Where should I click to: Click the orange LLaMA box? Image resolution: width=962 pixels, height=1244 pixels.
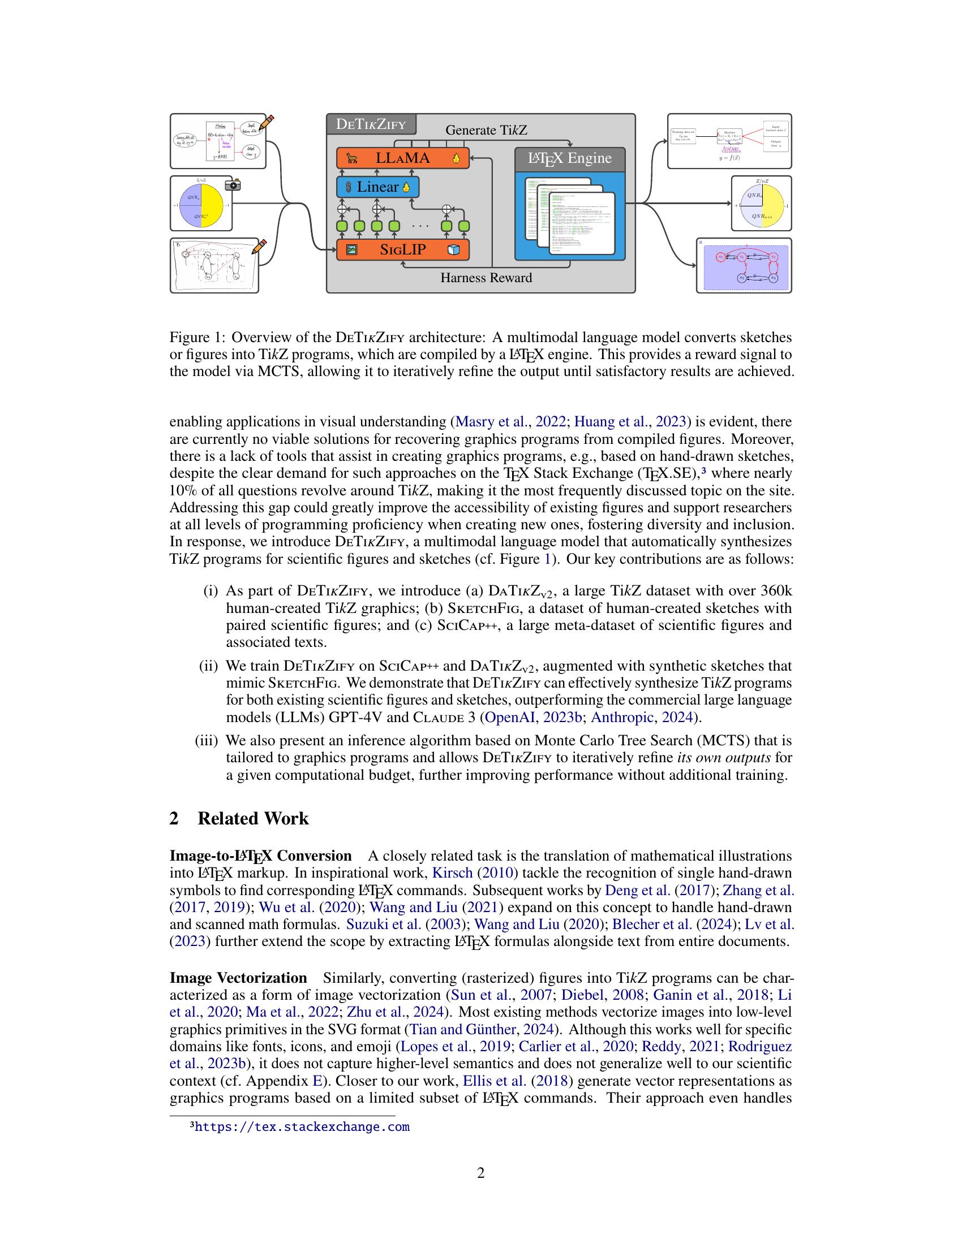402,158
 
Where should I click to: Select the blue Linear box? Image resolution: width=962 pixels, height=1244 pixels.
377,187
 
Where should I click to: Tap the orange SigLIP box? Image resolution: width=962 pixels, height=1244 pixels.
402,249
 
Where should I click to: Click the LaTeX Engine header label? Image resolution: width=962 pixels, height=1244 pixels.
569,158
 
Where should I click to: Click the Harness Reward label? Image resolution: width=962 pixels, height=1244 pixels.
486,278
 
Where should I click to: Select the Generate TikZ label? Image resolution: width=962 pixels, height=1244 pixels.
486,131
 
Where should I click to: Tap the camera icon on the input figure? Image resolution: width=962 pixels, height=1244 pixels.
233,184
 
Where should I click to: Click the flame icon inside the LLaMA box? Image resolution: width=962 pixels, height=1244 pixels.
456,159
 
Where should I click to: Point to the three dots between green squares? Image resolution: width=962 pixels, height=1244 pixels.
420,226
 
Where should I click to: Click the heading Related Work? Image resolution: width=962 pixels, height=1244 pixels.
252,819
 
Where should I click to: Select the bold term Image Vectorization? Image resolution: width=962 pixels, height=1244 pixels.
238,978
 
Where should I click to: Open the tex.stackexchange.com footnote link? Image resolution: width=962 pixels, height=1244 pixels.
302,1126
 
